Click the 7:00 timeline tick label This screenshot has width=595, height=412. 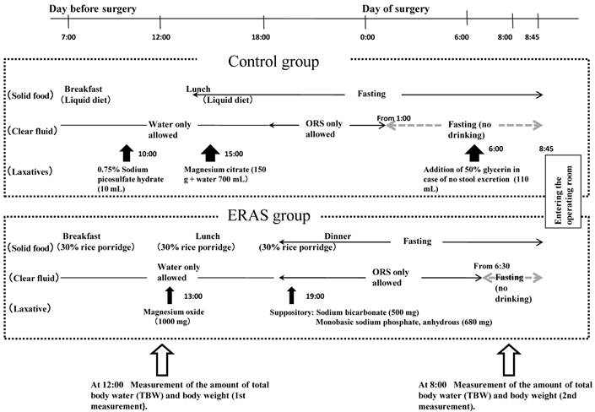coord(70,38)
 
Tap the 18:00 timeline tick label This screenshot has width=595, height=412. coord(261,38)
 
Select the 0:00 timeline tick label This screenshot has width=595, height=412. coord(366,38)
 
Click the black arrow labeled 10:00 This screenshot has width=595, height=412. coord(127,152)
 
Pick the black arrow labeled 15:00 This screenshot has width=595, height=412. coord(209,152)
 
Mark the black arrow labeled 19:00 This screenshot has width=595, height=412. coord(291,295)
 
